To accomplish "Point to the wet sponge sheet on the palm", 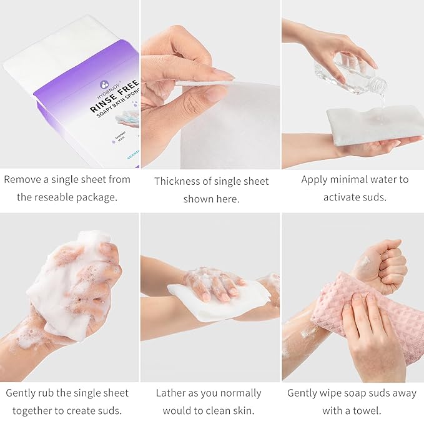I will [x=366, y=124].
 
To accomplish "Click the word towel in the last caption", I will [x=368, y=411].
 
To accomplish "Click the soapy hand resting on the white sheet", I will [x=215, y=284].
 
